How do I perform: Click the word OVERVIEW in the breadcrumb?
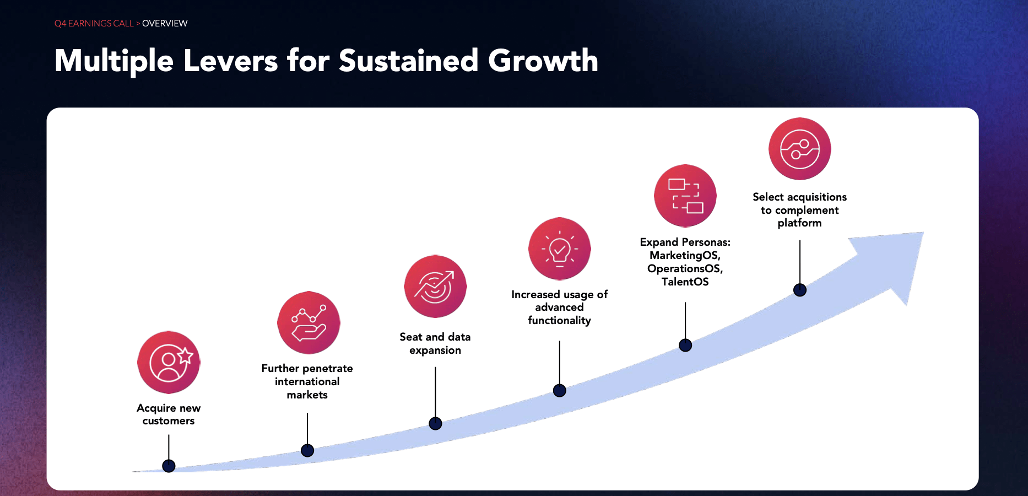(x=165, y=24)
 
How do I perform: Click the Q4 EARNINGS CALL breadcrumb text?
(x=94, y=24)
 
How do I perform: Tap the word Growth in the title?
(x=543, y=61)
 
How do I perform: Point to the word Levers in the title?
(x=230, y=61)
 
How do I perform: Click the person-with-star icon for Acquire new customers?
(x=169, y=362)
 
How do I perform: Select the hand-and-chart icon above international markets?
(x=309, y=323)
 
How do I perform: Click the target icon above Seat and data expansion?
(x=435, y=286)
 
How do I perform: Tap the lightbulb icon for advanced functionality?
(x=559, y=249)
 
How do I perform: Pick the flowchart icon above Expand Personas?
(x=685, y=196)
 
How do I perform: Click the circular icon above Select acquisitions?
(x=799, y=149)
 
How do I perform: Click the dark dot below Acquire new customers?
(x=169, y=466)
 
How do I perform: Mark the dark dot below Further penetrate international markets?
(x=307, y=450)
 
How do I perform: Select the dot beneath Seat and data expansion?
(x=435, y=423)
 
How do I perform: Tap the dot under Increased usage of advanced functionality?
(x=559, y=391)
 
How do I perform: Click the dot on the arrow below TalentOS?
(x=685, y=346)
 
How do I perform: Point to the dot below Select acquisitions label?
(x=799, y=290)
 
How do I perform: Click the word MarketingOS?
(x=685, y=256)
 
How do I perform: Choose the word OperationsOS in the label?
(x=685, y=269)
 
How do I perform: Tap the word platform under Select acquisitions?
(x=799, y=223)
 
